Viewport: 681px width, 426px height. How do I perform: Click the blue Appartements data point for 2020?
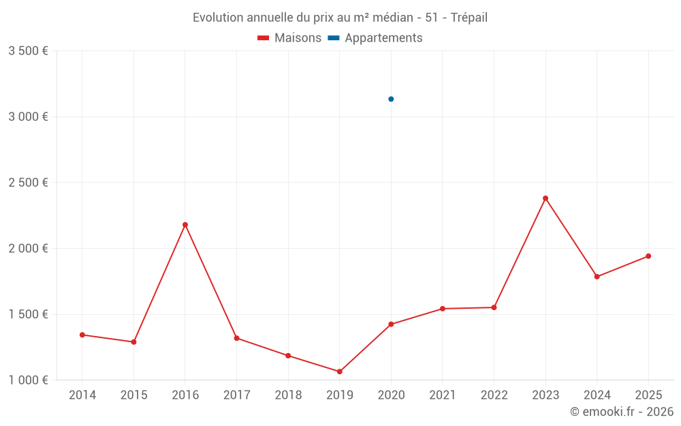point(391,99)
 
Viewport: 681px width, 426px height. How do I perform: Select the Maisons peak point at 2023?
point(545,198)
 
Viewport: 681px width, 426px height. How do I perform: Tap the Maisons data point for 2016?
point(185,225)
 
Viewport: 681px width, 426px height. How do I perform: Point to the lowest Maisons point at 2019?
point(339,371)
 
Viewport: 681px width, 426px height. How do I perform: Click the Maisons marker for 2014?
point(82,335)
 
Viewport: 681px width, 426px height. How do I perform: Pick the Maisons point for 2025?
point(648,256)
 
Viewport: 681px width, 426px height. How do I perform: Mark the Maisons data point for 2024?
point(597,277)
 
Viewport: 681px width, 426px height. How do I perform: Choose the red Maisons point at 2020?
point(391,324)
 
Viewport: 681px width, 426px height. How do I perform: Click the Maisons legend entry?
point(289,38)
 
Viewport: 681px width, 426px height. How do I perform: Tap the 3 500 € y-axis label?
point(28,51)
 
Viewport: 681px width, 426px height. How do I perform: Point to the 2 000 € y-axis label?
point(28,249)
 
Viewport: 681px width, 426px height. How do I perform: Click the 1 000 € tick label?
point(28,380)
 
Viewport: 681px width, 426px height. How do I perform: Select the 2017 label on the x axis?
point(236,395)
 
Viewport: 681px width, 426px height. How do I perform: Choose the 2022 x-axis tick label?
point(494,395)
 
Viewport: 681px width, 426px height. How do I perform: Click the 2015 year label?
point(133,395)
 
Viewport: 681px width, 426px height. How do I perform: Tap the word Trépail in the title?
point(469,18)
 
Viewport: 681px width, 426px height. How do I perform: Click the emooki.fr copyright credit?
point(622,412)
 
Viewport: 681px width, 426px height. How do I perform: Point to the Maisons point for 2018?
point(288,356)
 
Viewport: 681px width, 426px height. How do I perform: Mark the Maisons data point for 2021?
point(443,309)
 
